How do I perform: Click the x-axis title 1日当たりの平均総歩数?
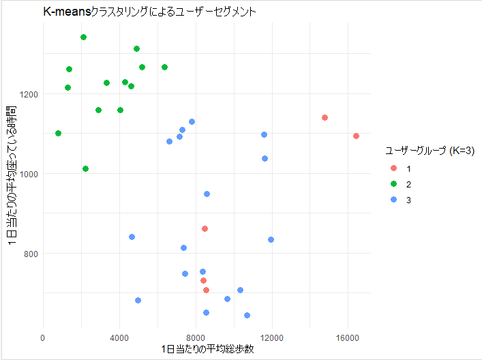(207, 349)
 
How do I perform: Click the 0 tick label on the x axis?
(43, 337)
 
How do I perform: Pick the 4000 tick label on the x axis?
(120, 337)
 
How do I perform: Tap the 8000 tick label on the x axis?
(196, 337)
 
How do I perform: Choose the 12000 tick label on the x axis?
(273, 337)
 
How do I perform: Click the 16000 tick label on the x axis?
(349, 337)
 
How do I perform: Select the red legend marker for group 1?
(393, 168)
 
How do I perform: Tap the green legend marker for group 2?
(393, 184)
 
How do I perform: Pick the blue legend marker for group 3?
(393, 200)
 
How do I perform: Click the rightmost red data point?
(357, 136)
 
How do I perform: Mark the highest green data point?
(83, 37)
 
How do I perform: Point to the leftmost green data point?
(58, 134)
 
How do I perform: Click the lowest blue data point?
(247, 316)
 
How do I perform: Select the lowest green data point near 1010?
(85, 169)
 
